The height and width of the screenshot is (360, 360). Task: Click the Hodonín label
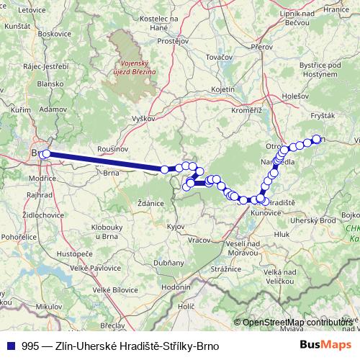(175, 287)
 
